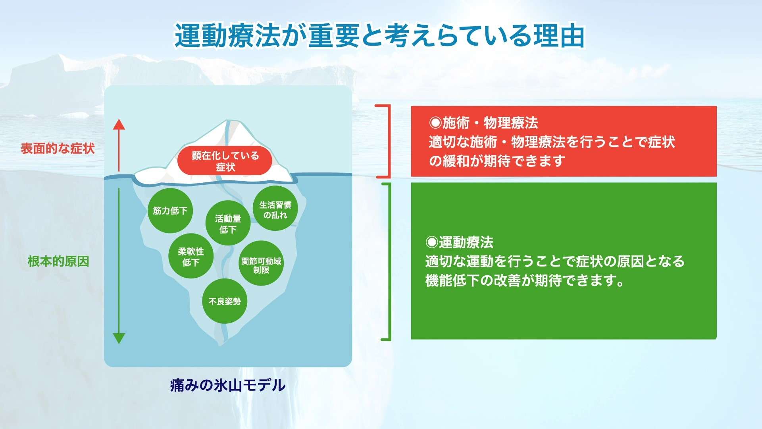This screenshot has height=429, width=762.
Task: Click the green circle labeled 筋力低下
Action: (x=170, y=211)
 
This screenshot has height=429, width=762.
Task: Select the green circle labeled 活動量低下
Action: (x=228, y=223)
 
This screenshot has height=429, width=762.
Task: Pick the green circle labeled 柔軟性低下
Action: (x=191, y=256)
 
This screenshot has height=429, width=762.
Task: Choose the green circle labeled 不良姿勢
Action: (x=225, y=301)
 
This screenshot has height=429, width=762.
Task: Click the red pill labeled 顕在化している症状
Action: (x=225, y=161)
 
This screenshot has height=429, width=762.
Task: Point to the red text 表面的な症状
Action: (x=58, y=149)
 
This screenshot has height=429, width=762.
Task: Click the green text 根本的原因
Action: (x=58, y=261)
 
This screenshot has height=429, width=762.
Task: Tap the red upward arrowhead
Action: (x=119, y=125)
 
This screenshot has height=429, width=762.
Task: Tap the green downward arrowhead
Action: (x=119, y=338)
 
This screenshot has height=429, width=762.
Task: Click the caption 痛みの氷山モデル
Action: (x=227, y=385)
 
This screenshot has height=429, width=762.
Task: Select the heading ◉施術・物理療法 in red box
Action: (x=483, y=123)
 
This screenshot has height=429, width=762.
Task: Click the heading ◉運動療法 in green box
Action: (x=459, y=242)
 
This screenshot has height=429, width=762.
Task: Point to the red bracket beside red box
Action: (x=388, y=141)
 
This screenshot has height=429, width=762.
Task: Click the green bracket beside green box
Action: (x=389, y=261)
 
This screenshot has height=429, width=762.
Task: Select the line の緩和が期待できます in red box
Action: (x=497, y=161)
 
